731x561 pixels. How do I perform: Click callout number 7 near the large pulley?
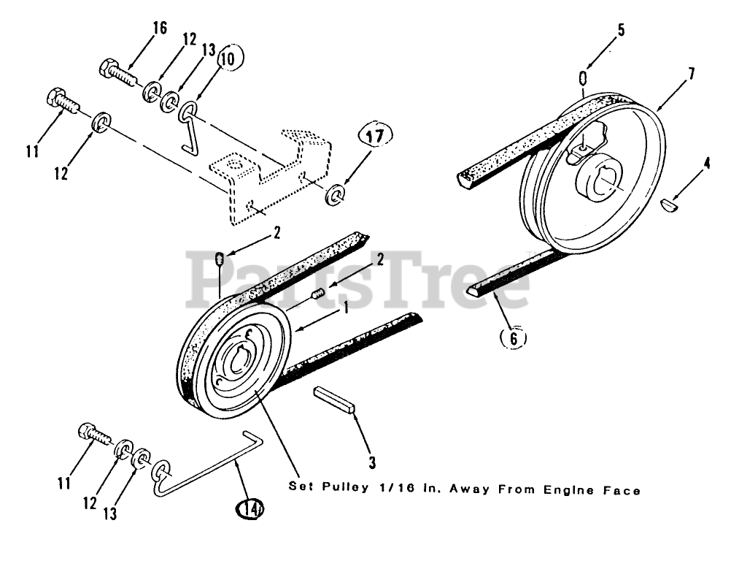pyautogui.click(x=690, y=73)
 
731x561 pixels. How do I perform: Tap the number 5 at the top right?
pyautogui.click(x=620, y=31)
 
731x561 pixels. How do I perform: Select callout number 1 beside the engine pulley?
pyautogui.click(x=346, y=307)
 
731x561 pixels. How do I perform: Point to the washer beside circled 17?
pyautogui.click(x=336, y=195)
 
